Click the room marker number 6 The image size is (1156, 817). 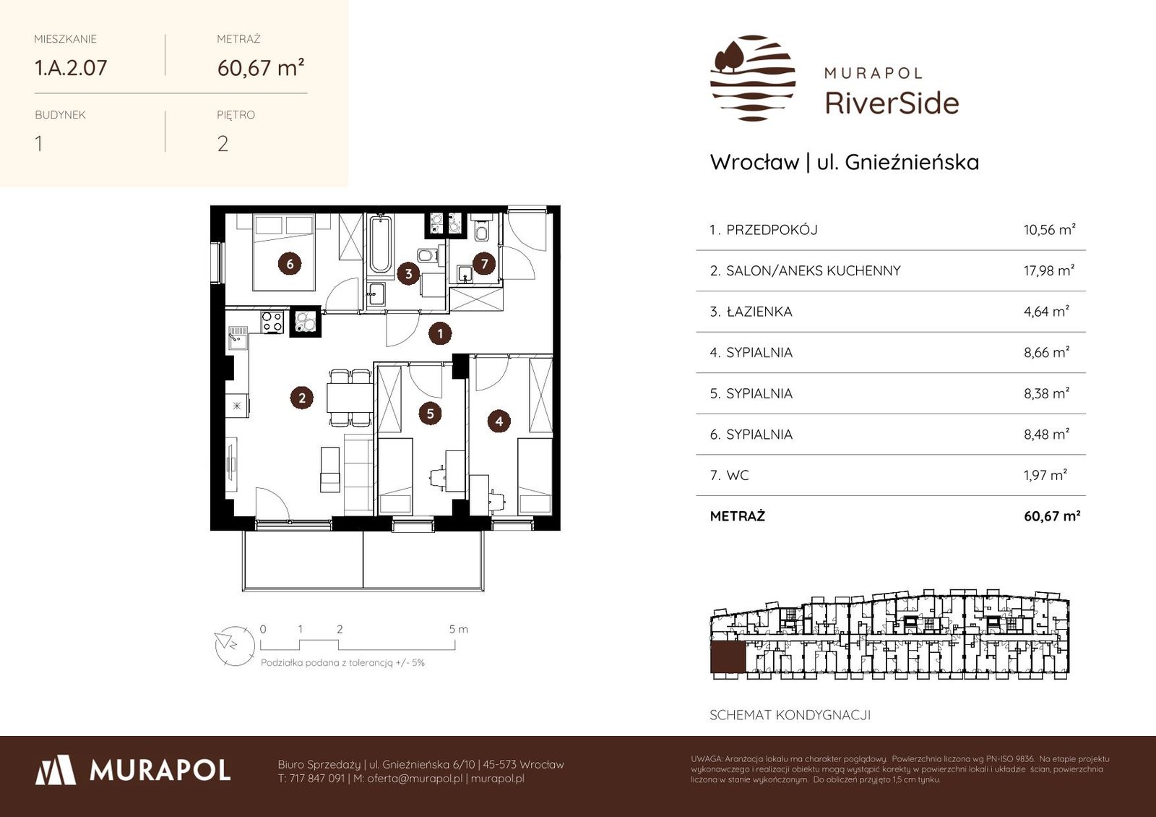pos(290,265)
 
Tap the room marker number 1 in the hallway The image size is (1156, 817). pos(440,333)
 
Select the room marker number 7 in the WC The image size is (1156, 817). pos(484,265)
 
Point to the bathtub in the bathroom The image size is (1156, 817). pos(380,245)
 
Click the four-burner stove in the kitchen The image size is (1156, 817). pos(272,322)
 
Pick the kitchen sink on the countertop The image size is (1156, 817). pos(238,338)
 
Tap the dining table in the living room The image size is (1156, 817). pos(350,398)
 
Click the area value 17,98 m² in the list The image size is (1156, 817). pos(1049,270)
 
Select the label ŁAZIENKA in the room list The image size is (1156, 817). pos(759,312)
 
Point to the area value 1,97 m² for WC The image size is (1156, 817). pos(1045,475)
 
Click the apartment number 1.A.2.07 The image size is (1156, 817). pos(71,68)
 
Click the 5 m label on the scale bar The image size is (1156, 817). pos(458,629)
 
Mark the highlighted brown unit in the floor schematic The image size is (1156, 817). pos(728,657)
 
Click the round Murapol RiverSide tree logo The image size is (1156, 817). pos(753,78)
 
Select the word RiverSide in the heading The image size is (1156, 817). pos(892,103)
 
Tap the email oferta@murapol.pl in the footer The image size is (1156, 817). pos(415,778)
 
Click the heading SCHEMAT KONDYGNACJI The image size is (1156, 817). pos(790,715)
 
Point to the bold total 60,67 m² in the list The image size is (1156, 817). pos(1052,516)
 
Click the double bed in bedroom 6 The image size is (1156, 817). pos(284,252)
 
